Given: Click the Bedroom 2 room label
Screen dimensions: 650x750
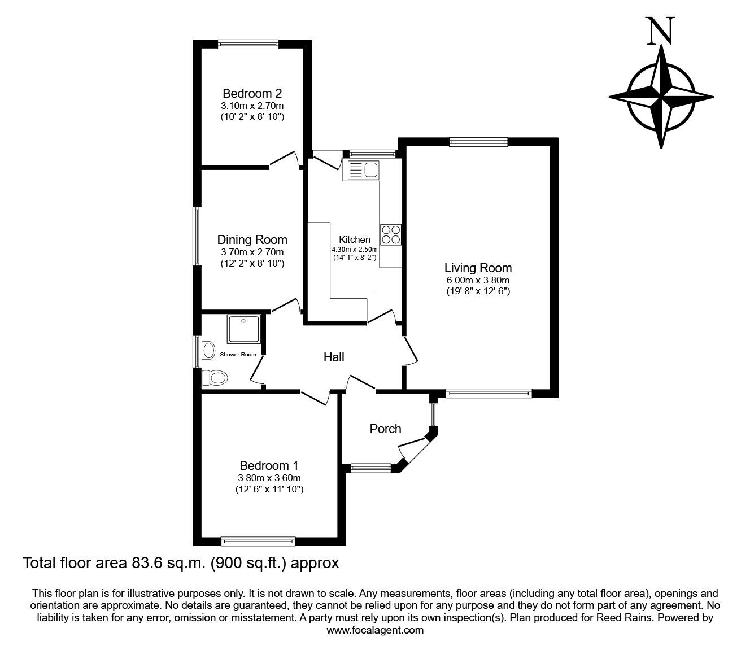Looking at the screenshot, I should [x=252, y=93].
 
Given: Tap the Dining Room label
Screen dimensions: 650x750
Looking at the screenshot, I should [x=252, y=240].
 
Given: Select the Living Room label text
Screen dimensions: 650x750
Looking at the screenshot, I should [x=478, y=268].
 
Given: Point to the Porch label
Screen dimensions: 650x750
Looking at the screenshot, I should [x=385, y=429].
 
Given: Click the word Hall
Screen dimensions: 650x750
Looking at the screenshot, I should [x=334, y=357].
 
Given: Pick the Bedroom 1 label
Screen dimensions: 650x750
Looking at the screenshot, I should [x=269, y=466].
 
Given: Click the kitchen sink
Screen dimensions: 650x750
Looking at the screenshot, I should [x=364, y=169].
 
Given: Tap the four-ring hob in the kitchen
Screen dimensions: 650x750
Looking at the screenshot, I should [x=391, y=234].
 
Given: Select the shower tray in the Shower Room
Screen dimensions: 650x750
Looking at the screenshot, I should [x=244, y=329].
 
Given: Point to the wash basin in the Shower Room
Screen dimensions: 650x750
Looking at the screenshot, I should [x=208, y=350].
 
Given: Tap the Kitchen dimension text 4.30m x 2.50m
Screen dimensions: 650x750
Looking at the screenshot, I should [x=355, y=249].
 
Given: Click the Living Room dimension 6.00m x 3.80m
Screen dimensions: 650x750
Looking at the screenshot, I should [x=478, y=281].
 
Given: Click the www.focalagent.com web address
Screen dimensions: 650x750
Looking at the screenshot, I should [x=375, y=630].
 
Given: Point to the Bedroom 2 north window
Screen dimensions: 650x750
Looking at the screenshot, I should [x=248, y=44].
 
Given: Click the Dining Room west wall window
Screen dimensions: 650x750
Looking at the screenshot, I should [x=197, y=236].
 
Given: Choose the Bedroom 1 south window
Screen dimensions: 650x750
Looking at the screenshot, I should [x=259, y=541].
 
